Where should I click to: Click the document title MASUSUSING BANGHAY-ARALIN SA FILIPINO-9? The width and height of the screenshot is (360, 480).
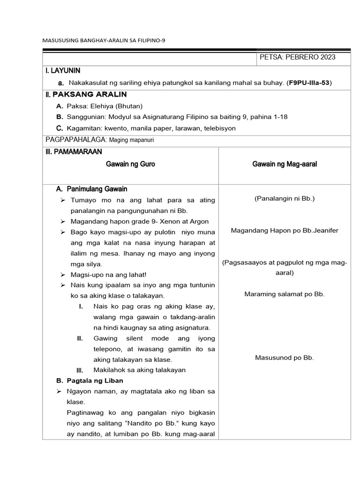104,40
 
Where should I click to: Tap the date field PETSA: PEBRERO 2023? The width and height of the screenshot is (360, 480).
297,57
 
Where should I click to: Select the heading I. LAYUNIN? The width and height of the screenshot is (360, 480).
63,71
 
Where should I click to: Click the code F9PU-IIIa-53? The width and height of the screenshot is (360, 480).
310,83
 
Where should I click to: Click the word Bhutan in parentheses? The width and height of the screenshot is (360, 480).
131,106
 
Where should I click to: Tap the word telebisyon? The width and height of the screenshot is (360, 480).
219,128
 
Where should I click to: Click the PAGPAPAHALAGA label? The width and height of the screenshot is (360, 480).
77,140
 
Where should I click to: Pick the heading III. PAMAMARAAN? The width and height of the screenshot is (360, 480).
74,152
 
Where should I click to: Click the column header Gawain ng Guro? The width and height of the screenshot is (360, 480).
130,164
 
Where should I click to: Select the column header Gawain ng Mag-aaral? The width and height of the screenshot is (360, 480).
285,164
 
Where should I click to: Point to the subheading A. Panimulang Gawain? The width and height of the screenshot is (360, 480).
91,189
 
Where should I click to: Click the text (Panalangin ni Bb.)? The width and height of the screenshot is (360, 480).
285,199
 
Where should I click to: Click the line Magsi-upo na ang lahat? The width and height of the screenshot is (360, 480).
109,275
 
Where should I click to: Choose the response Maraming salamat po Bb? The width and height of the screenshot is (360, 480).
285,294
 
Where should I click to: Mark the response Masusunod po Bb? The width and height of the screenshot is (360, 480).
285,358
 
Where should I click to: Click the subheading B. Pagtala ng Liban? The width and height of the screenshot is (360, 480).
88,380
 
